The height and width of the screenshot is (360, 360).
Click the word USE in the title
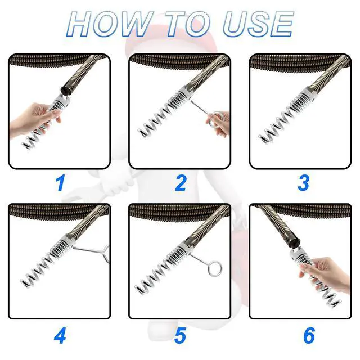pyautogui.click(x=258, y=24)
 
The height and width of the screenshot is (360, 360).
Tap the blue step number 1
pyautogui.click(x=60, y=183)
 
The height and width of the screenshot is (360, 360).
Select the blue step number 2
pyautogui.click(x=181, y=183)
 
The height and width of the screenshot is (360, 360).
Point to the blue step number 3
pyautogui.click(x=304, y=183)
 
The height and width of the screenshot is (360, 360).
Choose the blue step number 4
pyautogui.click(x=60, y=335)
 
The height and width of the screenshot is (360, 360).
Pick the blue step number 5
pyautogui.click(x=180, y=335)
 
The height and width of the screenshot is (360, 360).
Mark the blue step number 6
pyautogui.click(x=309, y=335)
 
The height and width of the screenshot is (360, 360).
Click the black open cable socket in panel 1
pyautogui.click(x=67, y=87)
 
